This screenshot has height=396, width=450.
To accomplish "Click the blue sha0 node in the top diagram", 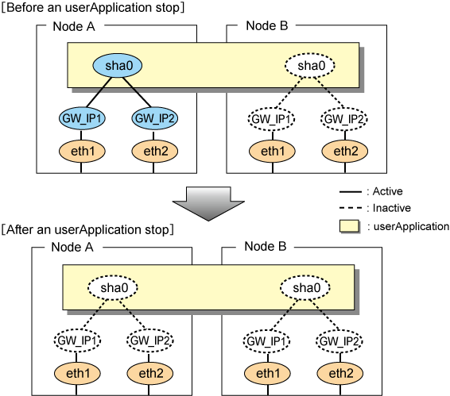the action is (x=118, y=65).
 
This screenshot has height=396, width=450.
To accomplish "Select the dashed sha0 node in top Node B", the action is (x=310, y=65).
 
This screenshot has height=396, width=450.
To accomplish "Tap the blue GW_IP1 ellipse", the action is (x=82, y=118).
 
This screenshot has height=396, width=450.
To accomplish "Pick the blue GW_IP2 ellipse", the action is (x=155, y=118).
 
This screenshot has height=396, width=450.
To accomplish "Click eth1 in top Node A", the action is (x=82, y=151).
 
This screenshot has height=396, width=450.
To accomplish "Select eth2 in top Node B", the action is (x=345, y=151).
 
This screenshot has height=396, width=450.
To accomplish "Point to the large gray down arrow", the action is (x=208, y=204).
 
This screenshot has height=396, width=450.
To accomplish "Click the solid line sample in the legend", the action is (x=351, y=191).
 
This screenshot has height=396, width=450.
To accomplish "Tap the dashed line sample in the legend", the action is (x=351, y=208).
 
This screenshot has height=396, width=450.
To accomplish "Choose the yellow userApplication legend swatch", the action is (x=349, y=226).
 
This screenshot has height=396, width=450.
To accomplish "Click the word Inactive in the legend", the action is (x=392, y=208).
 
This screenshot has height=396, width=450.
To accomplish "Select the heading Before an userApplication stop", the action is (x=93, y=7).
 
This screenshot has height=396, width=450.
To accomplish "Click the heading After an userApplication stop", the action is (x=87, y=230).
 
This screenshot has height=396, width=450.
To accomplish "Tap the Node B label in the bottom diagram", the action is (x=266, y=247).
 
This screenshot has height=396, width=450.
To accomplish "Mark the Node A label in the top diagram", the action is (x=74, y=26).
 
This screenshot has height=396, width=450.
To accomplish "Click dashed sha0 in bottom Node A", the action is (x=113, y=287).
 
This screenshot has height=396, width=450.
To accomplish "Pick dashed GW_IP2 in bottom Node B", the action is (x=339, y=340).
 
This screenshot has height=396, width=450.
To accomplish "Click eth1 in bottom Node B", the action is (x=267, y=373).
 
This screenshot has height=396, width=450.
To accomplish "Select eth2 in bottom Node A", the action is (x=150, y=373).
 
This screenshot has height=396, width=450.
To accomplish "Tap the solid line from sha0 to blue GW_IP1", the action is (x=99, y=92).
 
